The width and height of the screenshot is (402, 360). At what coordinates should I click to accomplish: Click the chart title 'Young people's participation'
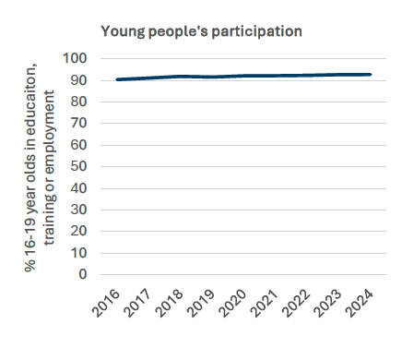202,30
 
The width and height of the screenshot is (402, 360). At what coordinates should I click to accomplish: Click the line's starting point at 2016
118,79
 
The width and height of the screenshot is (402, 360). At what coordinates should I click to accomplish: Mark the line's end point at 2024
371,75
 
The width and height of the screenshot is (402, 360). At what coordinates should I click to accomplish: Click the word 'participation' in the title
258,30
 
